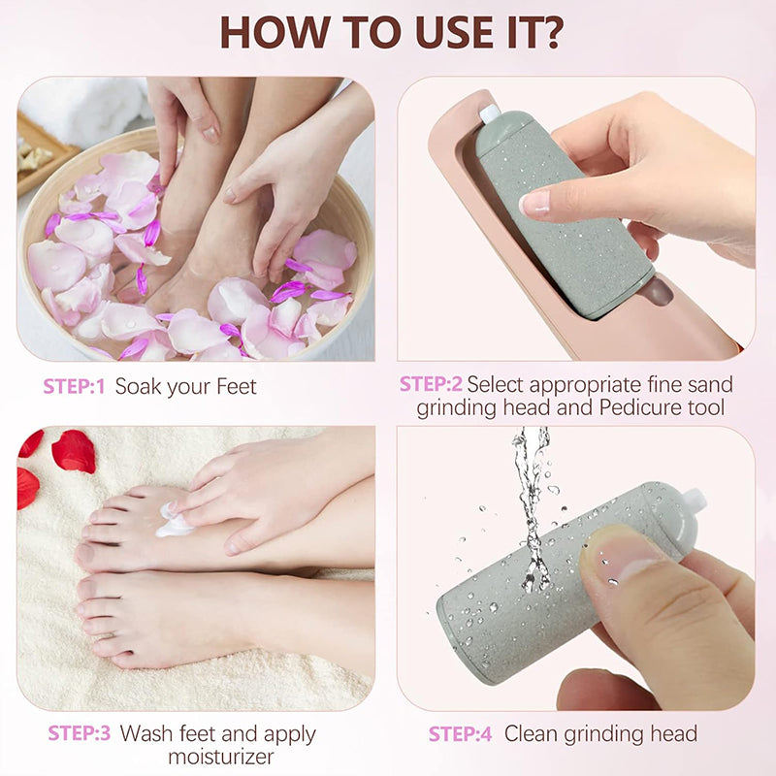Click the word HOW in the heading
(x=271, y=32)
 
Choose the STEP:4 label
(x=461, y=734)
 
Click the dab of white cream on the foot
(x=174, y=525)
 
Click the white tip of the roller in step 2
(x=490, y=113)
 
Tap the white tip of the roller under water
(x=693, y=501)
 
